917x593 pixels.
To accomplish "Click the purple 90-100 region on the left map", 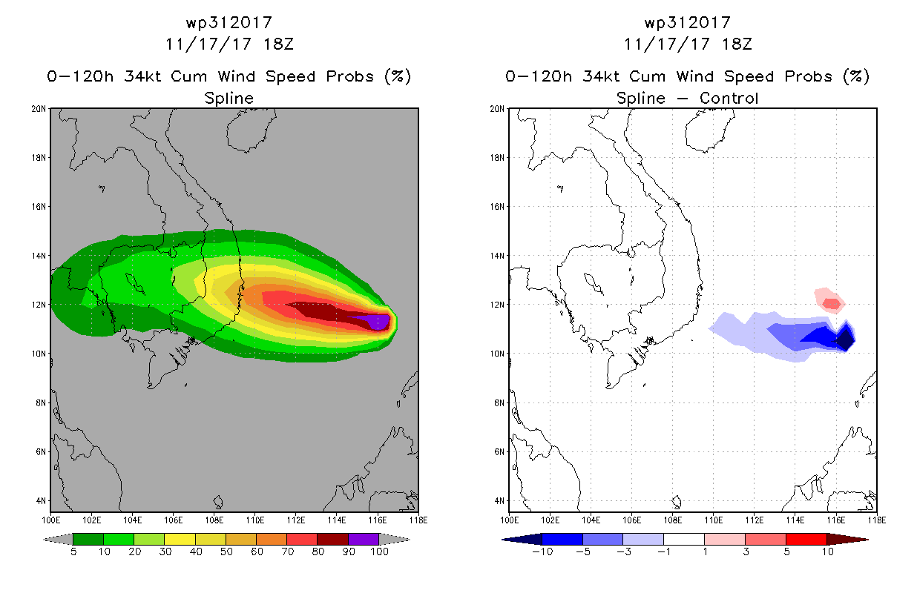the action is pos(372,321).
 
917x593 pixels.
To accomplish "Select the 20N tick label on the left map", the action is pos(39,109).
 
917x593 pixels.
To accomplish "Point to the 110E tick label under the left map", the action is pos(254,520).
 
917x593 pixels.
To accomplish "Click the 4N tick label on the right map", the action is pos(499,500).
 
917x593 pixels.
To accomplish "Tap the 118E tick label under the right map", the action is pos(877,520).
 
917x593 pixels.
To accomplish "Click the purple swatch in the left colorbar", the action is pos(364,539).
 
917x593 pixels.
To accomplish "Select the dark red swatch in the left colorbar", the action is pos(332,539).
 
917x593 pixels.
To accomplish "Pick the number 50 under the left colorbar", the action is pos(226,551).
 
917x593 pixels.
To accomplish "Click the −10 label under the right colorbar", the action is pos(542,551).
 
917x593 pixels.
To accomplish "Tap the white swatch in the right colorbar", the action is pos(684,539).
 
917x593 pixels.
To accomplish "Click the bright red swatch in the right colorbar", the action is pos(806,539).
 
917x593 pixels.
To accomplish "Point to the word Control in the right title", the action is pos(729,98).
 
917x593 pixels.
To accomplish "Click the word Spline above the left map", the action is pos(229,99).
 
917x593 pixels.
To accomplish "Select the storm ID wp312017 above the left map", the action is pos(229,23).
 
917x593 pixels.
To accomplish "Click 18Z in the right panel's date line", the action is pos(737,44).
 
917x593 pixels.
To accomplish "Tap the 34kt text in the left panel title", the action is pos(143,76).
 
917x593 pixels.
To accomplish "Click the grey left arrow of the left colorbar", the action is pos(58,540).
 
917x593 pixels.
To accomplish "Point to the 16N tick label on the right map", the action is pos(497,207).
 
